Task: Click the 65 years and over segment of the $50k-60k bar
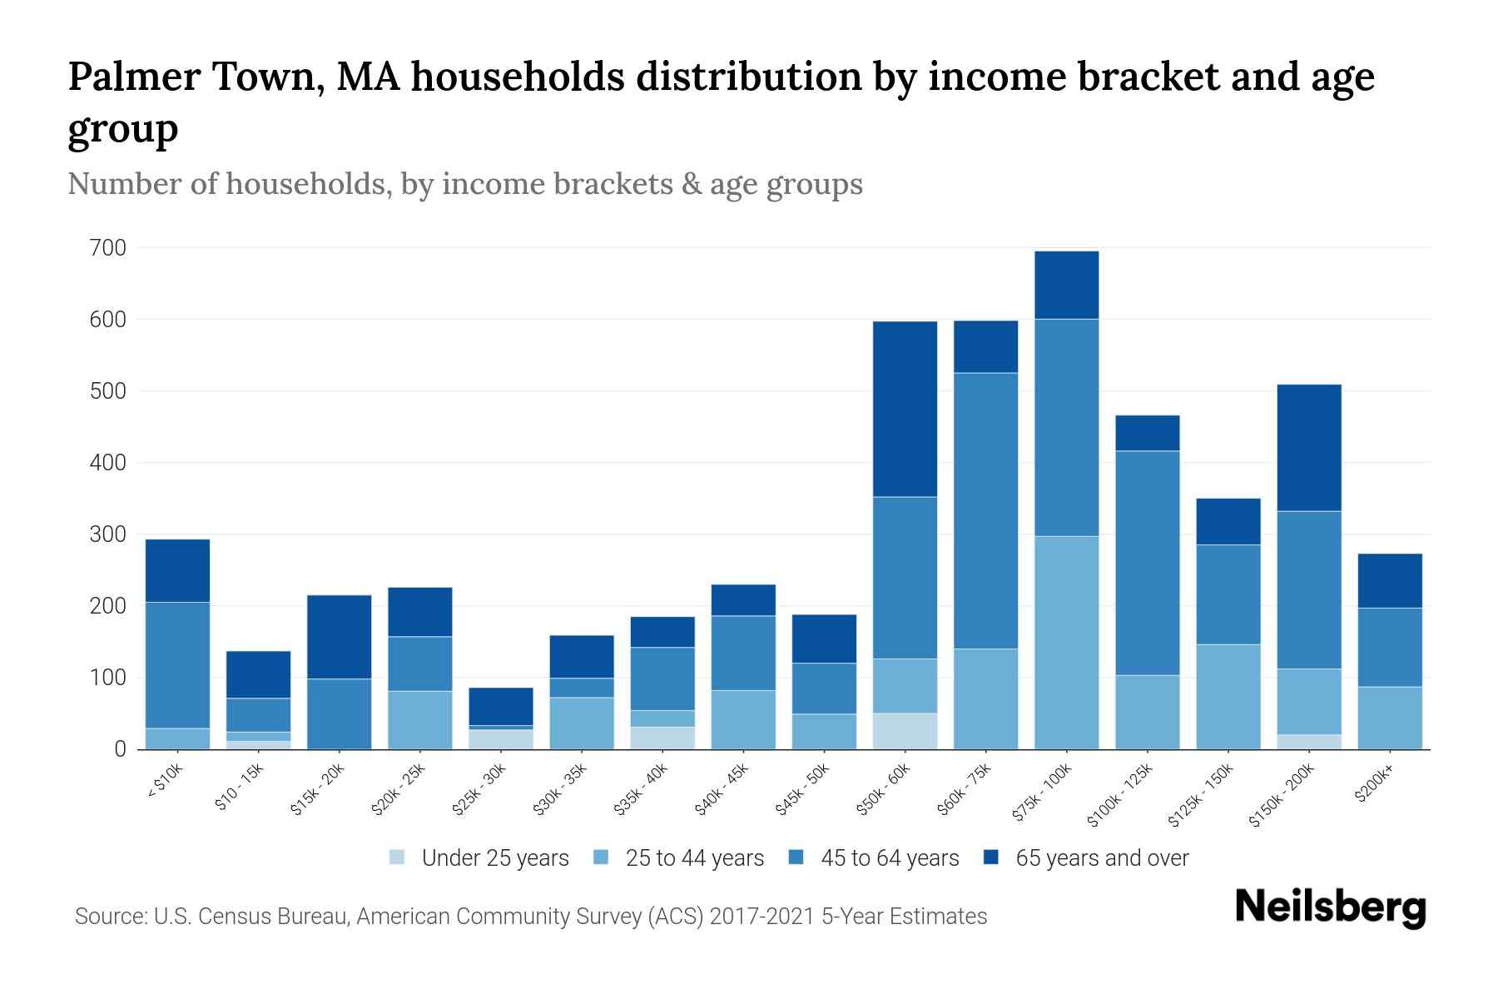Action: [x=905, y=409]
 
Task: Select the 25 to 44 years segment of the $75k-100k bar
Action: [x=1066, y=642]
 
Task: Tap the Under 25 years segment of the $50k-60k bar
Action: [x=905, y=731]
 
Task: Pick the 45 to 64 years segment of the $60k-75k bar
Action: [x=985, y=510]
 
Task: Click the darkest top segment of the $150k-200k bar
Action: [x=1309, y=447]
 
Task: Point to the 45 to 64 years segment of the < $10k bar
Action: [x=177, y=664]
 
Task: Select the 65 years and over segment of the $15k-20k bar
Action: [x=340, y=636]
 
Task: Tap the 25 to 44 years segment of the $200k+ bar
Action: [x=1390, y=718]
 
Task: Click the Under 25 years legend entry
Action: [x=479, y=857]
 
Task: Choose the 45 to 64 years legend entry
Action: [x=874, y=857]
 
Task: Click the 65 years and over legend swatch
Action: [x=991, y=857]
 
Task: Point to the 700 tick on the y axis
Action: [x=108, y=248]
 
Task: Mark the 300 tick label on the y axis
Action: [x=108, y=534]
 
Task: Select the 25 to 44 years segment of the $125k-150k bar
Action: [x=1228, y=696]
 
